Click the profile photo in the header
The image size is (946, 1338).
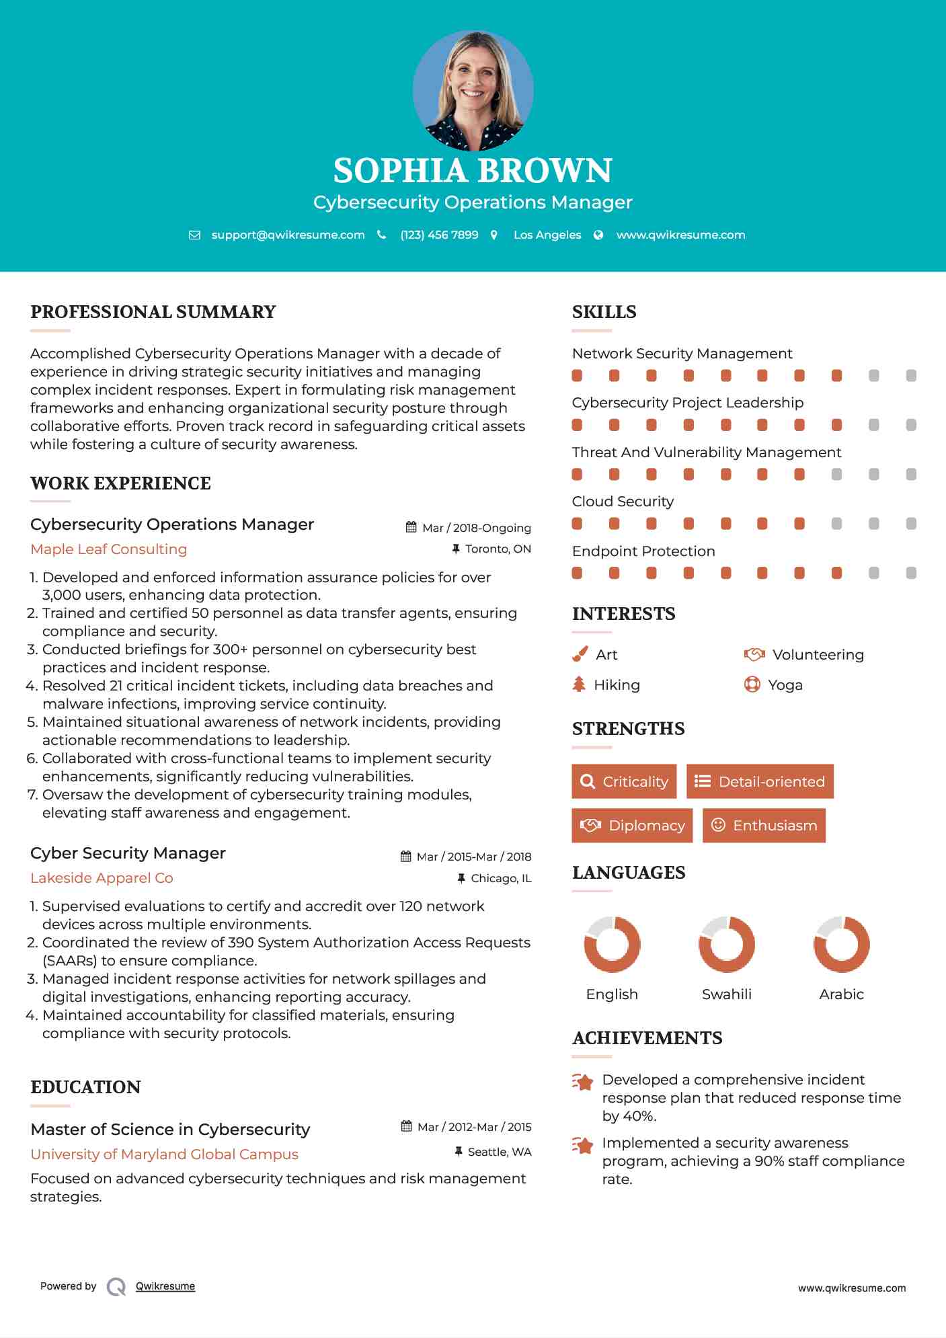[473, 90]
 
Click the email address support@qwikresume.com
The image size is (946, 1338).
[288, 235]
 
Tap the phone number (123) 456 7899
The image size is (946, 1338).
[439, 235]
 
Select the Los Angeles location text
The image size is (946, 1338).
[547, 235]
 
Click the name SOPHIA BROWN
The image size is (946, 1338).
[473, 171]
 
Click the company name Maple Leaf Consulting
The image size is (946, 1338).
[108, 549]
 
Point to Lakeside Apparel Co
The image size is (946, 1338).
[102, 878]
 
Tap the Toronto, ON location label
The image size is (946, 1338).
[498, 549]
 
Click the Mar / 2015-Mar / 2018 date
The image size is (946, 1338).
[473, 857]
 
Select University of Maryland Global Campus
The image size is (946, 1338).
[164, 1154]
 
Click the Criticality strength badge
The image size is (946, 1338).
[624, 781]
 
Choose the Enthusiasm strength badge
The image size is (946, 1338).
[764, 826]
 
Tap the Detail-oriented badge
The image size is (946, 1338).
[760, 781]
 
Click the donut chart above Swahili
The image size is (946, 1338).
[727, 944]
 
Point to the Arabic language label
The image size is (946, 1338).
[841, 994]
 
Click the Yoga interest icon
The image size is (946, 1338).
[752, 685]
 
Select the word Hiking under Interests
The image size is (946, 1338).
[617, 685]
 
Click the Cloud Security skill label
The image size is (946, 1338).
[623, 502]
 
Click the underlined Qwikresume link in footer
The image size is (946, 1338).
[165, 1286]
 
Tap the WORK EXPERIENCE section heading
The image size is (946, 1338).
[120, 483]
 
